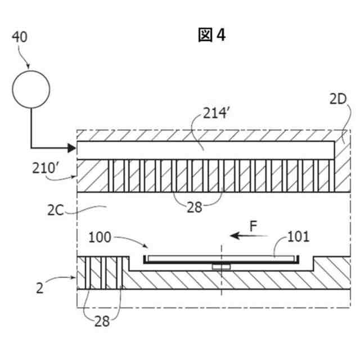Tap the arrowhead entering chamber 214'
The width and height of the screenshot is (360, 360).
(x=71, y=148)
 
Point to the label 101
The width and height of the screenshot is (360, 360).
(x=298, y=236)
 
